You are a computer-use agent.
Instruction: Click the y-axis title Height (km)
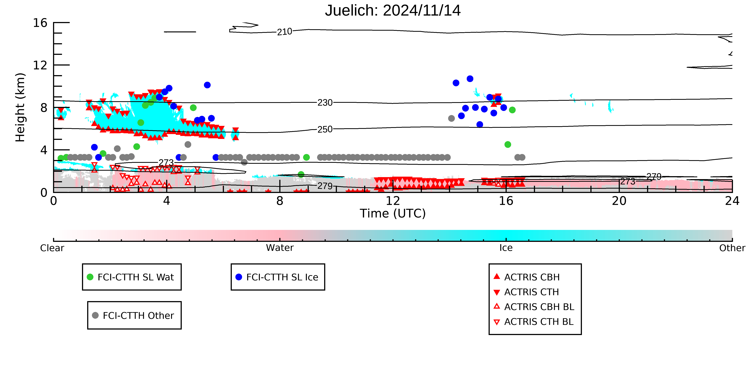tap(20, 107)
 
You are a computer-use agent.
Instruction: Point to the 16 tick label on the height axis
tap(40, 23)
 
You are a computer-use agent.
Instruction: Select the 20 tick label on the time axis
tap(619, 201)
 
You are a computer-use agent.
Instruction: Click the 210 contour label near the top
tap(285, 32)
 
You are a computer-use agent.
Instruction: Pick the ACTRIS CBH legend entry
tap(527, 277)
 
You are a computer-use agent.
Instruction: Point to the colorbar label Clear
tap(52, 248)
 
